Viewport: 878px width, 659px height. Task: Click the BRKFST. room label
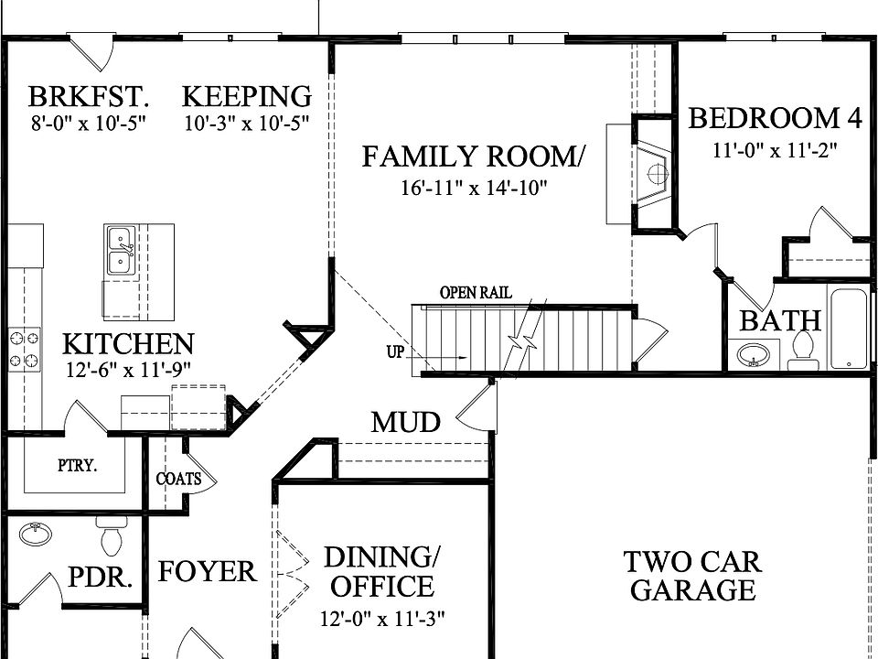click(89, 96)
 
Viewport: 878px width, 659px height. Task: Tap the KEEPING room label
click(247, 96)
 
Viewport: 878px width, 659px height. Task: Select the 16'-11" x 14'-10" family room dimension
click(473, 188)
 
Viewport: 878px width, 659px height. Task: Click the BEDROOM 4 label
click(776, 118)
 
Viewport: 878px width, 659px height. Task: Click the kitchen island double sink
click(121, 251)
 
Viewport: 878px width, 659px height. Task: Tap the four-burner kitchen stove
click(25, 350)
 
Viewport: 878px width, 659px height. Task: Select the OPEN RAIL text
click(476, 293)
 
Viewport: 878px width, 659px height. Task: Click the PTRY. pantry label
click(77, 466)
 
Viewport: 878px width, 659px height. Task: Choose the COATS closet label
click(178, 479)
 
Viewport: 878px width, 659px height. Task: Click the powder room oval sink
click(36, 534)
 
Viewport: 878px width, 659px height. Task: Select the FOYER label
click(208, 572)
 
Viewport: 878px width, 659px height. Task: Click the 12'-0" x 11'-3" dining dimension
click(383, 620)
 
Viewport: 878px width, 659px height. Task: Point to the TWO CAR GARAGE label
click(693, 576)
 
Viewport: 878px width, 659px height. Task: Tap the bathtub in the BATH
click(849, 327)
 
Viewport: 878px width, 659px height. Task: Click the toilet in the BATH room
click(803, 351)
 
